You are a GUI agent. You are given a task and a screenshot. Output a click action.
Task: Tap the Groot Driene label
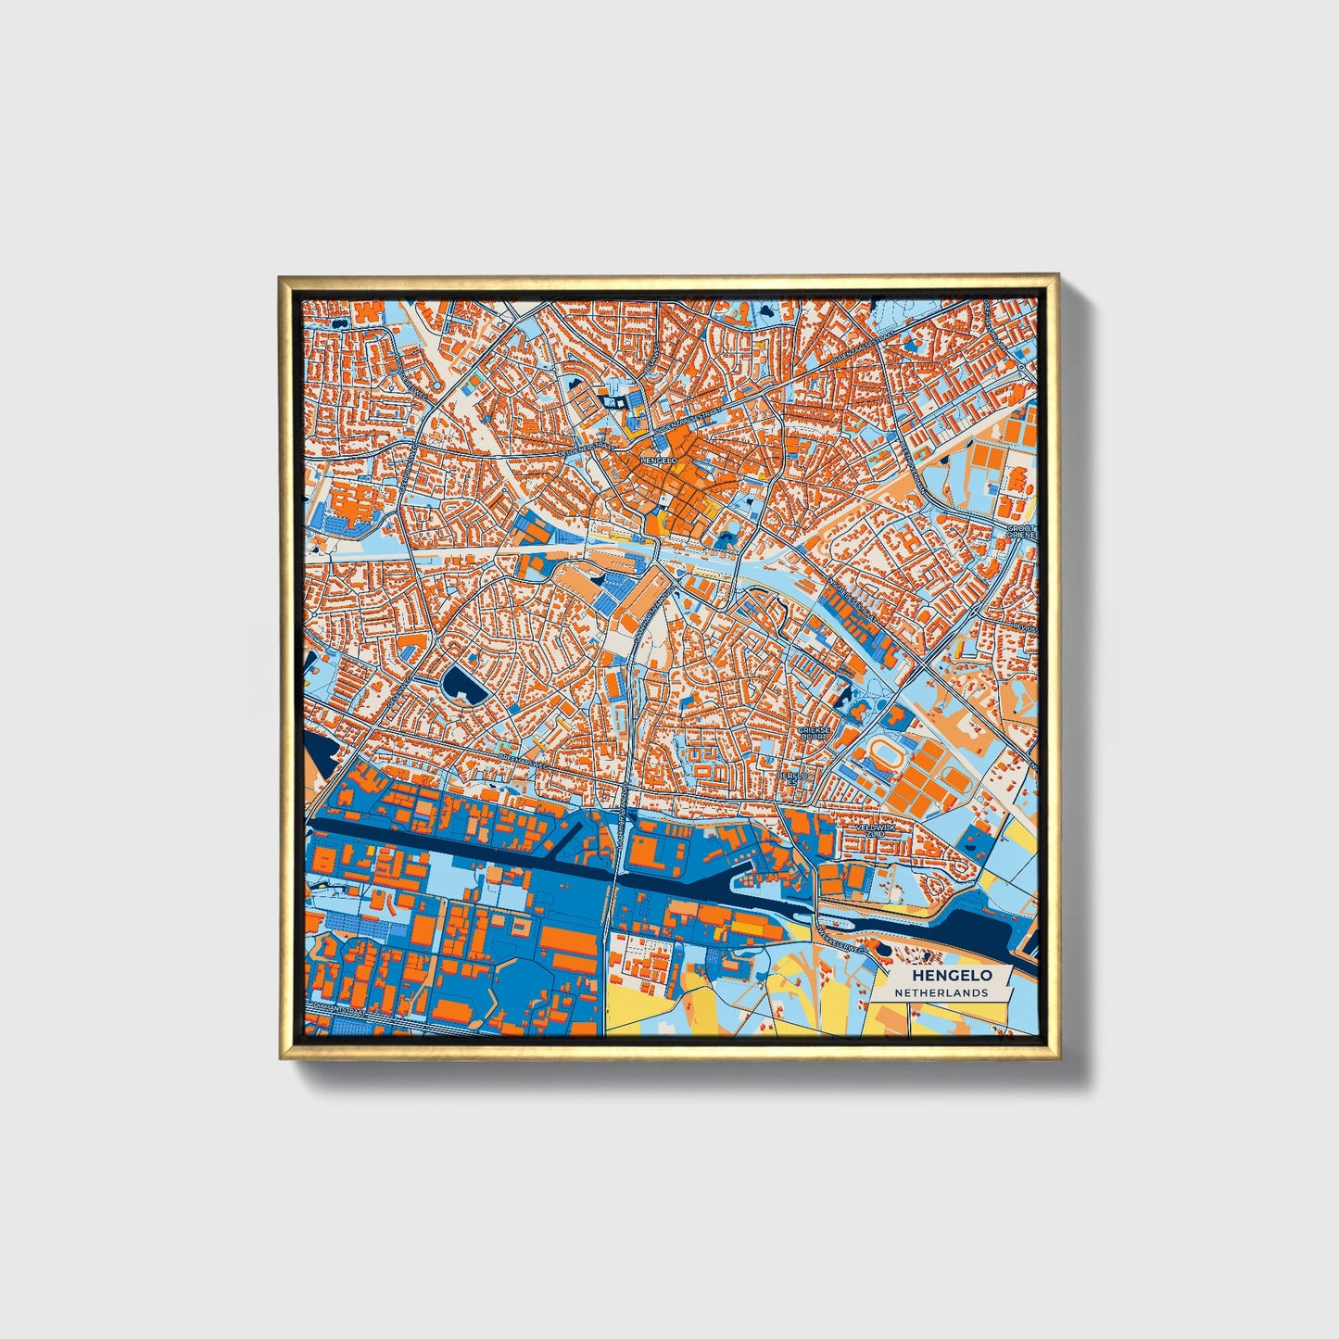[1021, 531]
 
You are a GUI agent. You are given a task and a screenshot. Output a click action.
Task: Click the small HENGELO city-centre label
[659, 460]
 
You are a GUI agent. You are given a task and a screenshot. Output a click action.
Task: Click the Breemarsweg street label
[519, 757]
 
